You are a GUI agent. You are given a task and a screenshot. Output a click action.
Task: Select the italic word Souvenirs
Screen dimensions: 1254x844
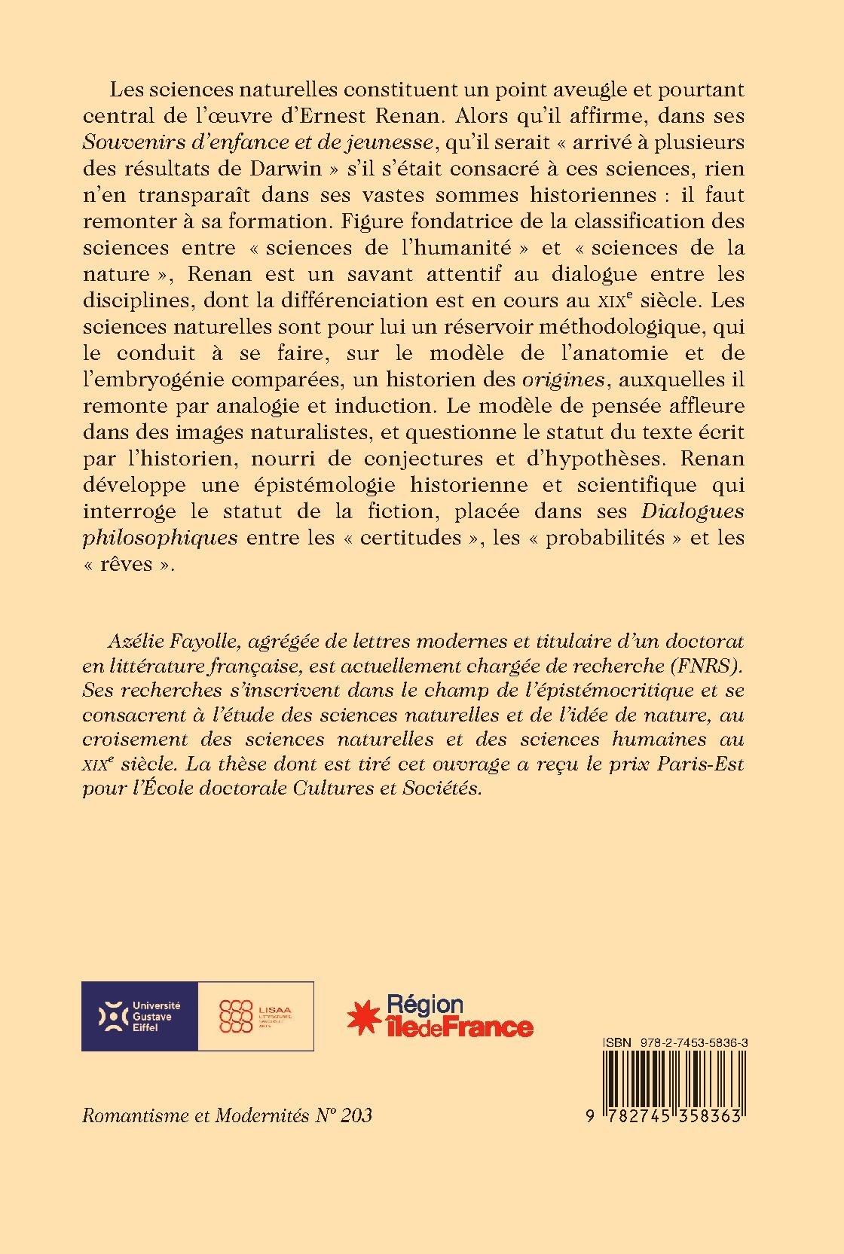pos(129,142)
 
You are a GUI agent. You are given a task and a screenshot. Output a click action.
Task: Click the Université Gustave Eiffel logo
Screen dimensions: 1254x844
pos(139,1015)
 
